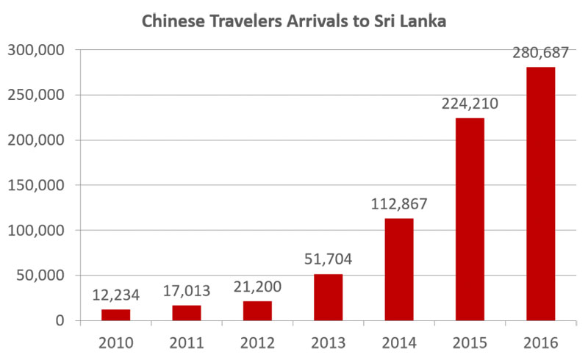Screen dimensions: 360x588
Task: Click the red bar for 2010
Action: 115,315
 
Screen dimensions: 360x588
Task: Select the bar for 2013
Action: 328,298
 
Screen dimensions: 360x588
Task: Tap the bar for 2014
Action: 399,270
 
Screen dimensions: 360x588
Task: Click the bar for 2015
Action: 470,220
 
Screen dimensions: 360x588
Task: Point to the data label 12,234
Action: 115,296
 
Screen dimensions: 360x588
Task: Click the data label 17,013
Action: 187,292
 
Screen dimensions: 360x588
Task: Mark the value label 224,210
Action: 470,104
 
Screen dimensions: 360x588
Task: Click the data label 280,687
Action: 541,54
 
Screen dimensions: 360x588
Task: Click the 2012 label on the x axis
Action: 257,342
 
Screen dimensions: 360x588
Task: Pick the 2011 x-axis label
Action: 187,342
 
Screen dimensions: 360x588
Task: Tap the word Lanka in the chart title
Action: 422,21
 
